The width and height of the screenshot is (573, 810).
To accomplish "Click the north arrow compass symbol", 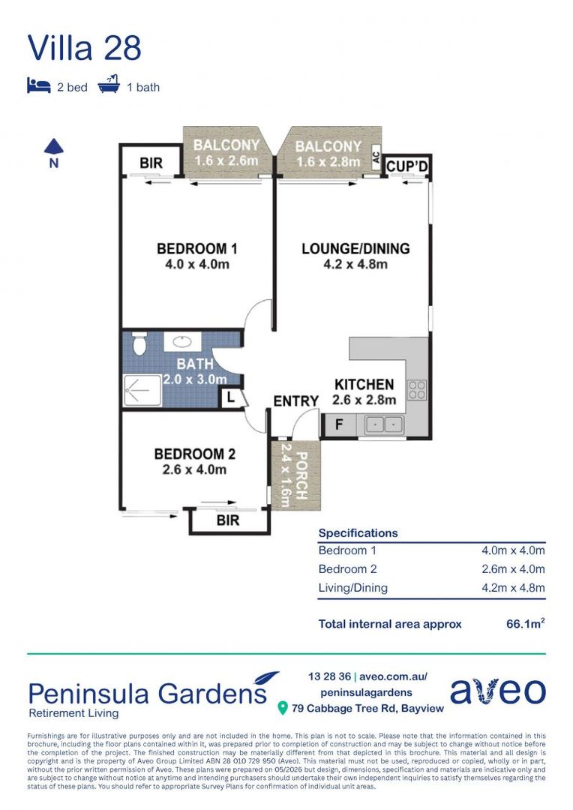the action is (x=53, y=153).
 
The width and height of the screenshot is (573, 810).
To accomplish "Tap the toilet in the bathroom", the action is (x=139, y=343).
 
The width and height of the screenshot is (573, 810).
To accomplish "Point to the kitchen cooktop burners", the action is (x=417, y=390).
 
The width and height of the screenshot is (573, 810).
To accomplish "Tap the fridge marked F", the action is (x=339, y=424).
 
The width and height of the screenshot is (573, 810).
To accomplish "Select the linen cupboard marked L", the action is (x=231, y=397).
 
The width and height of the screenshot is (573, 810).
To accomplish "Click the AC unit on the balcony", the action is (x=376, y=155).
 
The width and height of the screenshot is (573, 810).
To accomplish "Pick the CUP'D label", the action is (x=407, y=166).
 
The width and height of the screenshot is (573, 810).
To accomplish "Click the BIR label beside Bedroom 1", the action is (x=151, y=163).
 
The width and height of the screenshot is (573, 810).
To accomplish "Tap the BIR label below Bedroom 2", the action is (x=228, y=520).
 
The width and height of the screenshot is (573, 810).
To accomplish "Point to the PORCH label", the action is (x=301, y=475).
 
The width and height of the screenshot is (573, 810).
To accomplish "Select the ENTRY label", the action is (x=296, y=400).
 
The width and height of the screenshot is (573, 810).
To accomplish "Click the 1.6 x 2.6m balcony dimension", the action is (x=226, y=160).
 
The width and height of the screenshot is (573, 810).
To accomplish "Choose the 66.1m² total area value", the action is (x=526, y=623).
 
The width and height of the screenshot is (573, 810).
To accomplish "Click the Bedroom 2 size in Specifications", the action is (x=513, y=568).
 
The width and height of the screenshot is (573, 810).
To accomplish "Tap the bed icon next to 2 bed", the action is (x=39, y=85).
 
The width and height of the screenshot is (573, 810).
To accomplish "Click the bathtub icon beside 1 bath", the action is (x=109, y=84).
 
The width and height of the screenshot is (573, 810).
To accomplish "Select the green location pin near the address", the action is (x=282, y=708).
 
